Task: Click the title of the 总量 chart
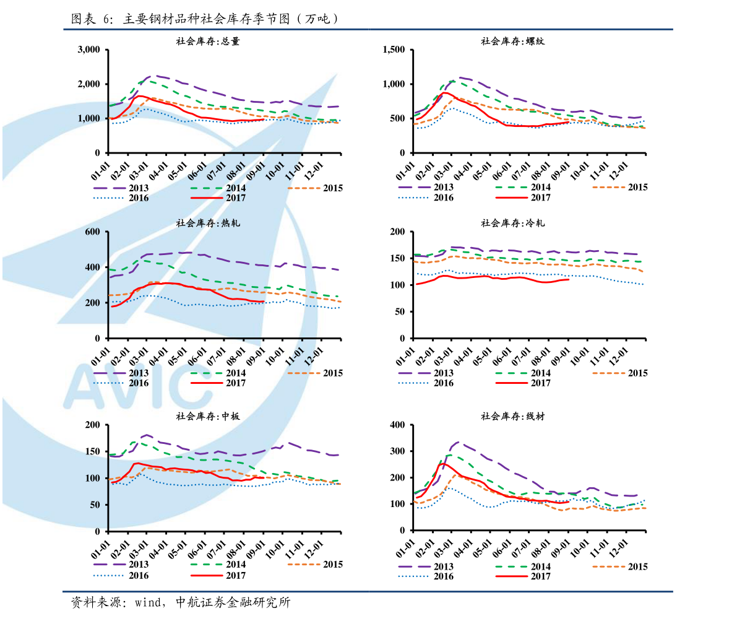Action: pos(208,41)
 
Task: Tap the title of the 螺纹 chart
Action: pos(512,41)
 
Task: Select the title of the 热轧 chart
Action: pos(208,223)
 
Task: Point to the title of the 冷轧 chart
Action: pos(512,223)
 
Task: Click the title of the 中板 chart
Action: pos(208,416)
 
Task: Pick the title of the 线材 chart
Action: pos(512,416)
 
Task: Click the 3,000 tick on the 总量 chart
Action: pos(89,50)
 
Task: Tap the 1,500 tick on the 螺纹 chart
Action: pos(394,50)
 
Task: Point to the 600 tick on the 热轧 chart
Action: pos(93,232)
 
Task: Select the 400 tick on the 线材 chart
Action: pos(397,425)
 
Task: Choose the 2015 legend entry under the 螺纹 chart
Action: pos(620,187)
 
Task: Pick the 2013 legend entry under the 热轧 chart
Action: pos(121,373)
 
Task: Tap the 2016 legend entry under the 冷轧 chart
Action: pos(426,383)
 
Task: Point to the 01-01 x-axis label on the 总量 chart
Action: pos(100,172)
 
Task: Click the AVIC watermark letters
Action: pos(133,386)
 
